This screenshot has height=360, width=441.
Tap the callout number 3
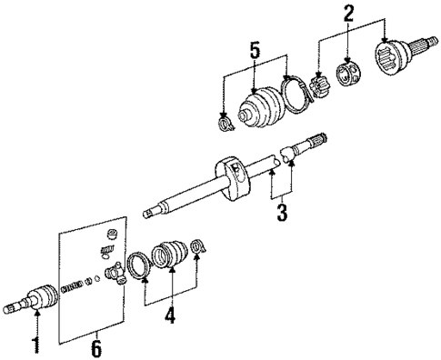[x=282, y=215]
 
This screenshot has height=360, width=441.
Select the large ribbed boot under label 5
[x=257, y=108]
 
